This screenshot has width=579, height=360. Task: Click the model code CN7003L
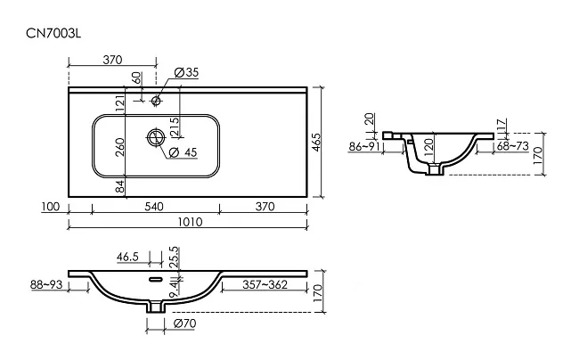53,34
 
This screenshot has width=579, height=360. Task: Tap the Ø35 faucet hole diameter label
186,72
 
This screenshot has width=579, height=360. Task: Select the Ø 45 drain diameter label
183,152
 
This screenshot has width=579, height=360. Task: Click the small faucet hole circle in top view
156,100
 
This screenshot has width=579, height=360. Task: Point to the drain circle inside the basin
156,137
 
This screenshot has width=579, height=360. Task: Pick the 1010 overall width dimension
190,222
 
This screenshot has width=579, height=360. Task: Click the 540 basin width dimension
153,207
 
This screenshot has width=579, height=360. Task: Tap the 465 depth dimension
316,143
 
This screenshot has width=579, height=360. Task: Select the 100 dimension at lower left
50,207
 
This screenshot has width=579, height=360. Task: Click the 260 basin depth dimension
120,147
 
